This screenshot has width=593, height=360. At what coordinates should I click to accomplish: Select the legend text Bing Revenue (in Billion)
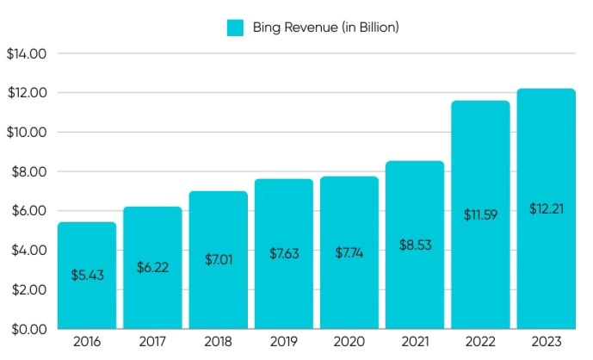click(x=325, y=28)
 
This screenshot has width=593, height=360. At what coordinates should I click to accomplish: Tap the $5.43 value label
click(x=86, y=276)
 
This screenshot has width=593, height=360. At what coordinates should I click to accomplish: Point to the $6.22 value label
click(x=152, y=268)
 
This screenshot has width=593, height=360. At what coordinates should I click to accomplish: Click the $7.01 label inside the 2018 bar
click(x=218, y=259)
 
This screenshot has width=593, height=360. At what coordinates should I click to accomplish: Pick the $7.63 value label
click(x=283, y=253)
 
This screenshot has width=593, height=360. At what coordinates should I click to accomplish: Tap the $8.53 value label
click(x=415, y=245)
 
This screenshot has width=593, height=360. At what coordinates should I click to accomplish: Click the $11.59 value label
click(x=480, y=214)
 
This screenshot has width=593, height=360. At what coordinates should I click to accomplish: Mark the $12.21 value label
click(x=546, y=208)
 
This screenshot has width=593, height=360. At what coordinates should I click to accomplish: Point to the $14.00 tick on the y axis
click(x=26, y=53)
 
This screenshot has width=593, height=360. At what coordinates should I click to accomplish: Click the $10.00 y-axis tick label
click(x=26, y=133)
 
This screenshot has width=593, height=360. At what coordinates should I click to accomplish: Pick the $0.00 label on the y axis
click(x=26, y=329)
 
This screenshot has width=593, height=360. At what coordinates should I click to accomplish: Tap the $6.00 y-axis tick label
click(x=26, y=211)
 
